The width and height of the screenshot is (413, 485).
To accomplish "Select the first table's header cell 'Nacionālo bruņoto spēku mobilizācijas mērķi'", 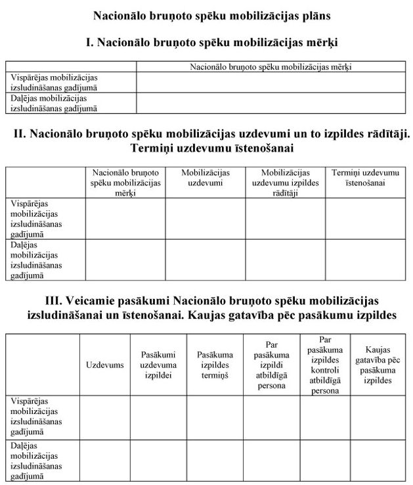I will point(271,66).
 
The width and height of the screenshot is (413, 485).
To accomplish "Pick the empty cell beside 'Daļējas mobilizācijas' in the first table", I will point(271,103).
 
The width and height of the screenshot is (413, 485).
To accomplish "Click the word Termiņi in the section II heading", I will point(154,149).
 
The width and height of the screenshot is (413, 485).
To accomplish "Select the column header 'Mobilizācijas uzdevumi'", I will point(205,177).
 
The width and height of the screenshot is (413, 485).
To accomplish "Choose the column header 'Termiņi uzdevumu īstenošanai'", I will point(365,177).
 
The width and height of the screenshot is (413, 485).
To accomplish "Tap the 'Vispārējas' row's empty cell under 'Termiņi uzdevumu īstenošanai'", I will point(365,218).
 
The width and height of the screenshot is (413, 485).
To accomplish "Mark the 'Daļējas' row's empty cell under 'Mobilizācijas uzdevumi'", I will point(205,260).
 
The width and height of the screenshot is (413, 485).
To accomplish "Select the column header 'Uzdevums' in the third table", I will point(104,365).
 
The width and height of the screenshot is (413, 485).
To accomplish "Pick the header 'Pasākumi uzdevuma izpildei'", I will point(158,365).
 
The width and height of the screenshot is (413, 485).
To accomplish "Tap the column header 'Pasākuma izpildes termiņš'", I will point(215,365).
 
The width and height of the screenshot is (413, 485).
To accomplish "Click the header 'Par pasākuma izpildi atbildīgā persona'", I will point(271,365).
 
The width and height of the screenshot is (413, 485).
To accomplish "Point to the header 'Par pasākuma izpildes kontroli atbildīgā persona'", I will point(325,365).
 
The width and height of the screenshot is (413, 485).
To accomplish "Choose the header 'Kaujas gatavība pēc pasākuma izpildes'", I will point(378,365).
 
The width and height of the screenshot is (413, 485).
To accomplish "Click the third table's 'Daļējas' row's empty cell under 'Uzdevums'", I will point(104,461).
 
